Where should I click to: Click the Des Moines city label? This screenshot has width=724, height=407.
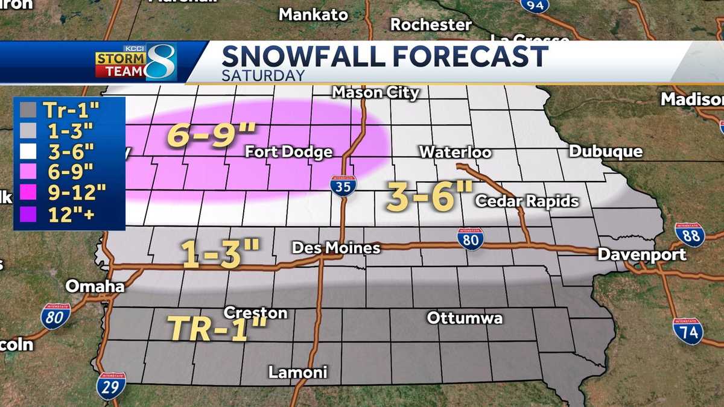point(335,248)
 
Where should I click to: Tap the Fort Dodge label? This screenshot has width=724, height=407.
point(288,152)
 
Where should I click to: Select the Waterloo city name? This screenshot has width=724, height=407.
point(455,152)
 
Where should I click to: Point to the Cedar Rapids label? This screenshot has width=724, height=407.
point(527,201)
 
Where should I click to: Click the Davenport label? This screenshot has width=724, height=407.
point(642,254)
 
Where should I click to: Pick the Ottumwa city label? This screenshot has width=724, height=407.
point(465,318)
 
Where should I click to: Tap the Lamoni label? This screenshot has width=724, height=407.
point(297,372)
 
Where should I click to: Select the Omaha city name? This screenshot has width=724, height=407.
point(95,286)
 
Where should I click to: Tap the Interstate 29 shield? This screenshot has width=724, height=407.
point(111,386)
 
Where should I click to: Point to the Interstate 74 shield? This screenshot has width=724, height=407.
point(688,331)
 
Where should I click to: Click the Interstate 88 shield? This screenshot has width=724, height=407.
point(690,235)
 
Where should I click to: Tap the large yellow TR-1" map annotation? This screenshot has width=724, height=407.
point(217,329)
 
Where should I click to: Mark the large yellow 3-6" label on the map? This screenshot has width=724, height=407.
point(430,197)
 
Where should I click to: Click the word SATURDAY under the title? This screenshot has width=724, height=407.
point(263,75)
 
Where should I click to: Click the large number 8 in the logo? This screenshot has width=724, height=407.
point(161,62)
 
